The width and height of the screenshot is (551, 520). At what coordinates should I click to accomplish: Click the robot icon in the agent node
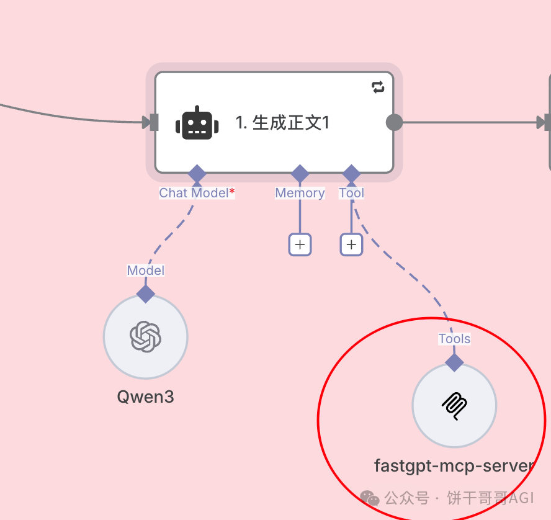(x=197, y=123)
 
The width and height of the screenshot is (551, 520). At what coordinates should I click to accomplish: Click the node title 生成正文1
(x=282, y=123)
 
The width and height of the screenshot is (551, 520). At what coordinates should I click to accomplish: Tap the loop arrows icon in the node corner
(x=378, y=87)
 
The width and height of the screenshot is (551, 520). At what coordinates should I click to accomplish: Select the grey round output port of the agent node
(x=394, y=122)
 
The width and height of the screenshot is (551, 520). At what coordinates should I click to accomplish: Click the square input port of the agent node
(x=153, y=122)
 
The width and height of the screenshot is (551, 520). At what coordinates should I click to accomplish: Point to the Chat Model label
(x=193, y=193)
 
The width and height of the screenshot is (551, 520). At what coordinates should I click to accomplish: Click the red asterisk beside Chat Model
(x=232, y=192)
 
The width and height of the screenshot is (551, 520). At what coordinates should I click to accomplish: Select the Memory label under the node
(x=300, y=193)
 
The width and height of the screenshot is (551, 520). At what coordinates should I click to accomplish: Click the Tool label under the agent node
(x=351, y=193)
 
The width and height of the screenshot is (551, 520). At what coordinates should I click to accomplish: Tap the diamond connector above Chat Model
(x=197, y=174)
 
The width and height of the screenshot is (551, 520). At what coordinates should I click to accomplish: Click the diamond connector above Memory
(x=300, y=174)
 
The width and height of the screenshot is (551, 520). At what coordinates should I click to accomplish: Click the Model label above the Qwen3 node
(x=146, y=271)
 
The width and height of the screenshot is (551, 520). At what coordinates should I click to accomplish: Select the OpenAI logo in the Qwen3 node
(x=145, y=337)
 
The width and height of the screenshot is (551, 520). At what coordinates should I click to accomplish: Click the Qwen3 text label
(x=145, y=397)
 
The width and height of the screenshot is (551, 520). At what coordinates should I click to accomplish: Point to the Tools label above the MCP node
(x=454, y=339)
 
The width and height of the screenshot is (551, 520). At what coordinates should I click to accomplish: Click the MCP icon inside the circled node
(x=454, y=406)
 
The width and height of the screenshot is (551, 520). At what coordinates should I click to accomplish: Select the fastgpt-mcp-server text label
(x=454, y=465)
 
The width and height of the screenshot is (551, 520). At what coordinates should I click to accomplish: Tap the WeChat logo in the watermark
(x=370, y=498)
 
